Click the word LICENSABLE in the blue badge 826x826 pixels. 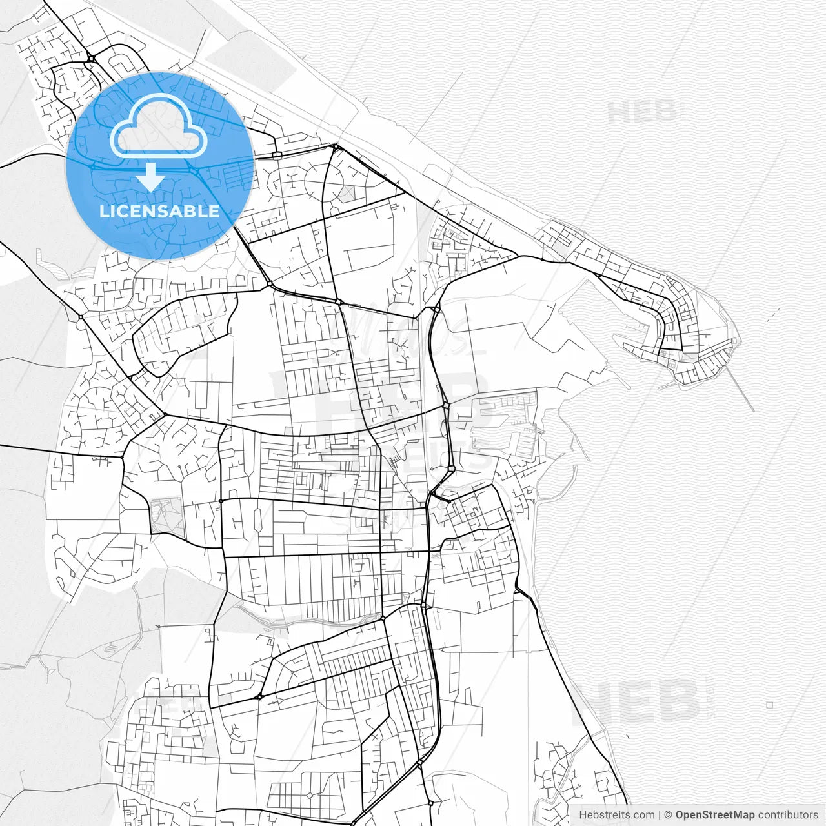159,211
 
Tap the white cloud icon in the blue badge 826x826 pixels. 158,126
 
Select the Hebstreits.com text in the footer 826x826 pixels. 616,815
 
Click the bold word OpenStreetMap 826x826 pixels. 715,815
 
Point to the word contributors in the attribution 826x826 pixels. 788,815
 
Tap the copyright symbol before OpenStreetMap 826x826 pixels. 669,815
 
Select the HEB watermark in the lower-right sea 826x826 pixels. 636,702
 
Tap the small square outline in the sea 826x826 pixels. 769,705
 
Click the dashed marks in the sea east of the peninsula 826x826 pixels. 772,314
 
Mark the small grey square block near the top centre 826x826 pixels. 347,193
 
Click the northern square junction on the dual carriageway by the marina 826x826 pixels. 446,405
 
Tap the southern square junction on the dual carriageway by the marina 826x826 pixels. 451,468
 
